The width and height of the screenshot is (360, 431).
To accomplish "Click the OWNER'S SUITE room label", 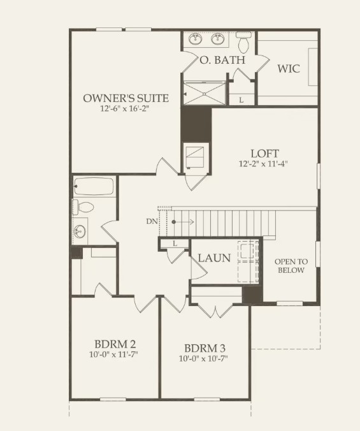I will (126, 98).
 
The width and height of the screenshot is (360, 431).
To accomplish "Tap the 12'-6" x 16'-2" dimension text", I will (126, 109).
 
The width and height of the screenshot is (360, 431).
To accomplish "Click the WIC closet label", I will (288, 68).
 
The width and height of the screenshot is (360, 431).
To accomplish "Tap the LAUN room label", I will (214, 258).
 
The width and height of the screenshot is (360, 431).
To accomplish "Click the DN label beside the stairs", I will (150, 222).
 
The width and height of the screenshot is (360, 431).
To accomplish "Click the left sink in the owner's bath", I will (195, 39).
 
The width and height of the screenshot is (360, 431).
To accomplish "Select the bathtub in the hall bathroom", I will (94, 187).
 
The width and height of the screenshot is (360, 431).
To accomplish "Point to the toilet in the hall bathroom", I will (83, 207).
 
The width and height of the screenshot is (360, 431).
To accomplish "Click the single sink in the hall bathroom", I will (80, 231).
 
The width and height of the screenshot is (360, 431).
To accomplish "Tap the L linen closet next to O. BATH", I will (241, 100).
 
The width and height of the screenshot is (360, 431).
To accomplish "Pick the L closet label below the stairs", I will (173, 244).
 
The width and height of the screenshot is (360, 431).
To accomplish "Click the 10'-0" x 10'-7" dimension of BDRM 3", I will (204, 358).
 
